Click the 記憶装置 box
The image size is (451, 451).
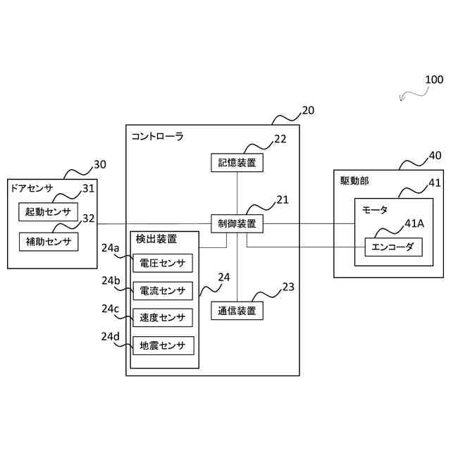pyautogui.click(x=237, y=163)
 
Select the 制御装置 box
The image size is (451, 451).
pyautogui.click(x=237, y=223)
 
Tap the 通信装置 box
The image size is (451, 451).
pyautogui.click(x=237, y=311)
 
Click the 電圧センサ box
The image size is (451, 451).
pyautogui.click(x=163, y=263)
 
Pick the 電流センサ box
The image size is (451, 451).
pyautogui.click(x=163, y=291)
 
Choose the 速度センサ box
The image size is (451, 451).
pyautogui.click(x=163, y=318)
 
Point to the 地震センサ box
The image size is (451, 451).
pyautogui.click(x=163, y=345)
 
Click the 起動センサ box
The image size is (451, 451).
pyautogui.click(x=48, y=212)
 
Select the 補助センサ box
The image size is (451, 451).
pyautogui.click(x=49, y=242)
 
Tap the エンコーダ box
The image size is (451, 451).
pyautogui.click(x=393, y=247)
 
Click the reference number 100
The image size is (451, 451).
pyautogui.click(x=434, y=80)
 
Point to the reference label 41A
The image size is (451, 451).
pyautogui.click(x=414, y=223)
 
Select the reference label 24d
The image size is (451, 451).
pyautogui.click(x=110, y=336)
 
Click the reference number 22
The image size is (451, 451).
pyautogui.click(x=280, y=140)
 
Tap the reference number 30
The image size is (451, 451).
pyautogui.click(x=100, y=164)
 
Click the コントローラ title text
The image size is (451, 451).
pyautogui.click(x=157, y=136)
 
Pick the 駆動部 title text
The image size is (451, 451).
pyautogui.click(x=354, y=181)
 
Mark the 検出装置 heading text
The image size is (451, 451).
pyautogui.click(x=156, y=239)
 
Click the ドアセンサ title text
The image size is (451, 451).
pyautogui.click(x=32, y=188)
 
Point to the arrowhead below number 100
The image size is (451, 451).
pyautogui.click(x=402, y=99)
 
